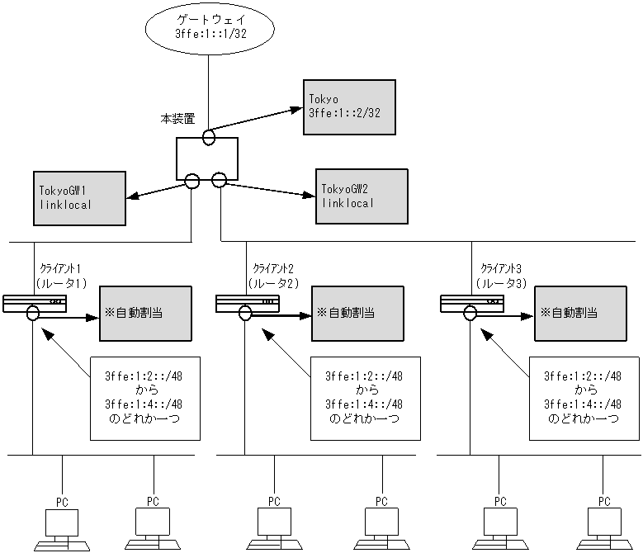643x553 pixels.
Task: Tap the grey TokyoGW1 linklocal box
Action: [x=79, y=197]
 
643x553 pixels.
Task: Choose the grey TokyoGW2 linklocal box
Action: [x=362, y=196]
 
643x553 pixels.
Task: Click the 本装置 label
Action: [x=177, y=119]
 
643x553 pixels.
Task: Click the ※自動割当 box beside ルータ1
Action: [x=146, y=313]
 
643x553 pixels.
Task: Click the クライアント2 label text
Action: [x=272, y=268]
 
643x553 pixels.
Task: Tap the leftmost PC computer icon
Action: [x=61, y=527]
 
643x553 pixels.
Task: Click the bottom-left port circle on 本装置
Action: [x=192, y=181]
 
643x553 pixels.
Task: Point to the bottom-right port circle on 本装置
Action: [x=219, y=181]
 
